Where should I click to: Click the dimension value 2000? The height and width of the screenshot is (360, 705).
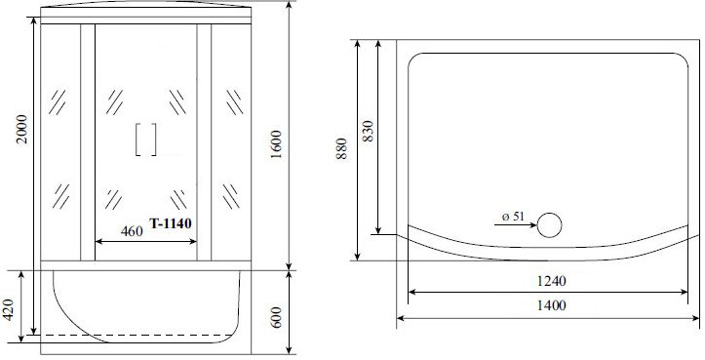point(22,129)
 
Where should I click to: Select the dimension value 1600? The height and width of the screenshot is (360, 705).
point(276,144)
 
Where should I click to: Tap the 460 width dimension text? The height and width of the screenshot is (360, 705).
point(132,231)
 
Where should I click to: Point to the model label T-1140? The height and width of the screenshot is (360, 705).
point(171,223)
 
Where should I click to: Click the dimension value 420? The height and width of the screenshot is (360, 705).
point(10,309)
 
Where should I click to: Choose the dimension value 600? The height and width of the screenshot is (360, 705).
point(276,317)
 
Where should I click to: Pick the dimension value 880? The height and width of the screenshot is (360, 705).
point(342,148)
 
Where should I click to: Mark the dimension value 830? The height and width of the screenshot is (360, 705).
point(368,131)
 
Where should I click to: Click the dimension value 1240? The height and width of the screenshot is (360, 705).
point(551,281)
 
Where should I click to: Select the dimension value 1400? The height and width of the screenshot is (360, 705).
point(551,306)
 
